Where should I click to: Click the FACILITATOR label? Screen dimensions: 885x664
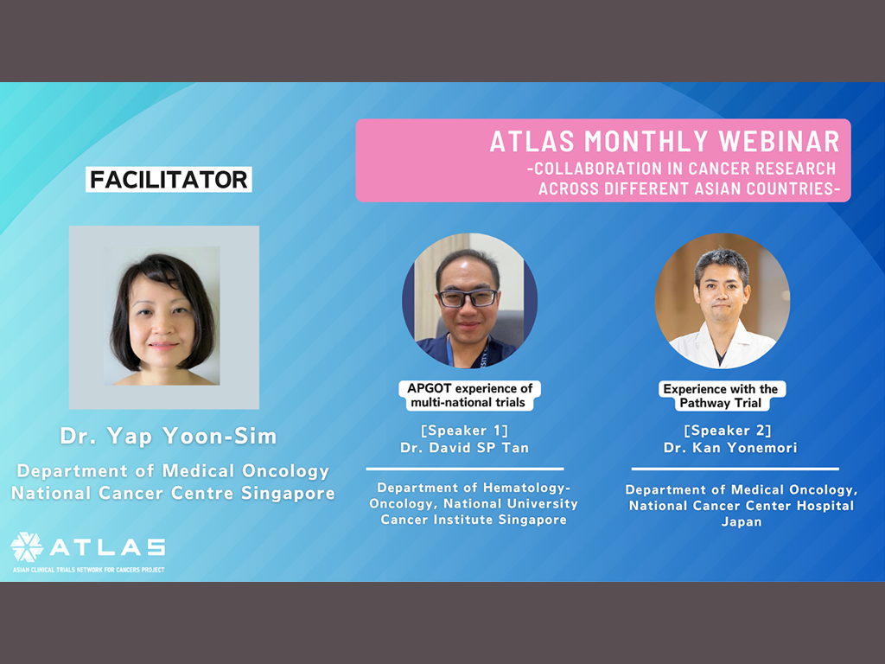(169, 180)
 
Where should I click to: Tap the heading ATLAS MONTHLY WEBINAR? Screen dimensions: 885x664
(665, 141)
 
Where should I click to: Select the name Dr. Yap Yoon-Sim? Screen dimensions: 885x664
(169, 437)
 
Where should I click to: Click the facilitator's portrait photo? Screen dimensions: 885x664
(163, 316)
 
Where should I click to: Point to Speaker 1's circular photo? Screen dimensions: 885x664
(469, 301)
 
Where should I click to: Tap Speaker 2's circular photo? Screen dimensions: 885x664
(723, 301)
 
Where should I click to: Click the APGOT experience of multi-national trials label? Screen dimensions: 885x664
(469, 395)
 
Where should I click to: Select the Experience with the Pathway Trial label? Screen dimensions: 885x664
(722, 396)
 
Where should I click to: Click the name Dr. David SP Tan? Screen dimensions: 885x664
(464, 448)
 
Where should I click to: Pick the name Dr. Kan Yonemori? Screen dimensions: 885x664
(730, 448)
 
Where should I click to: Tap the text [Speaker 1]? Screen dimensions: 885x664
(464, 431)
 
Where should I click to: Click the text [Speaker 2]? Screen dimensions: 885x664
(728, 431)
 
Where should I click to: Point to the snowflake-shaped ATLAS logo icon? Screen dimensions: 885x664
(27, 547)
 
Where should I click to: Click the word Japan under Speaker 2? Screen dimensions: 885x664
(742, 522)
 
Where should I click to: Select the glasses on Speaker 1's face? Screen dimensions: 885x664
(468, 297)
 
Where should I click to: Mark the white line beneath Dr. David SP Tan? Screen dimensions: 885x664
(465, 469)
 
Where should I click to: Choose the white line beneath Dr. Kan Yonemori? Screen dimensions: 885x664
(735, 469)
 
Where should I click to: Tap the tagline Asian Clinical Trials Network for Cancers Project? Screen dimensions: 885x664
(89, 570)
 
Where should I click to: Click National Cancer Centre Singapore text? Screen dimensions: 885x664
(173, 494)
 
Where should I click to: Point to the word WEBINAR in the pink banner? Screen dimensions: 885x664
(780, 141)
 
